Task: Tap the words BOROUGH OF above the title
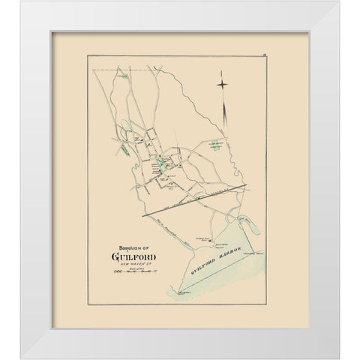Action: [x=134, y=250]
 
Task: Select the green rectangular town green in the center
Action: [x=161, y=160]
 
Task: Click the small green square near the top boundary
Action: [x=127, y=76]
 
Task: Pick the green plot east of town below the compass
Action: [x=216, y=147]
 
